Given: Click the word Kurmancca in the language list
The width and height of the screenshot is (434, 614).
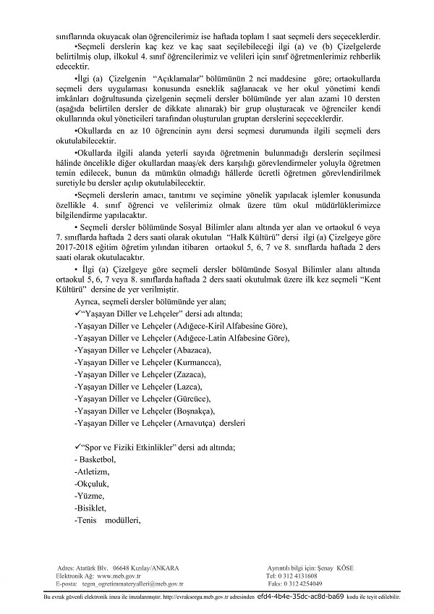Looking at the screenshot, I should coord(197,361).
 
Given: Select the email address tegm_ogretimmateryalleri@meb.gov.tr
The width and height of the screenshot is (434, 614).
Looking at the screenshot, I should coord(133,584).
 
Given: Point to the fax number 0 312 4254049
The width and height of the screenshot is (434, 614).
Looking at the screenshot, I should coord(304,584).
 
